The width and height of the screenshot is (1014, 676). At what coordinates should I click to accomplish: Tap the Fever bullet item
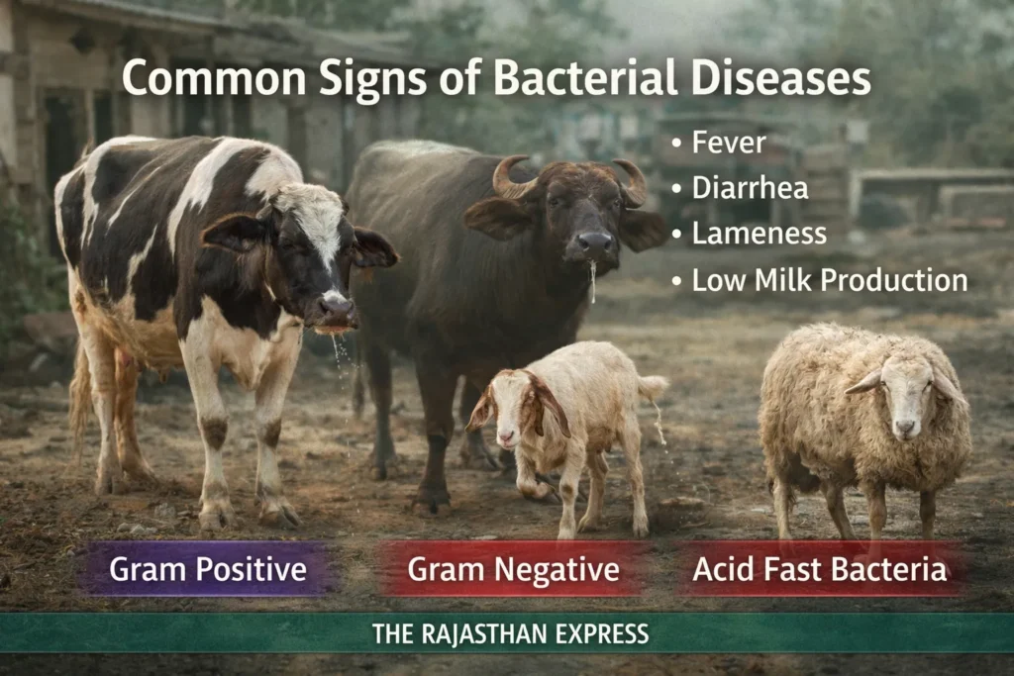(729, 143)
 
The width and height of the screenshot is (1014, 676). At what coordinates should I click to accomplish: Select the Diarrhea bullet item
(750, 188)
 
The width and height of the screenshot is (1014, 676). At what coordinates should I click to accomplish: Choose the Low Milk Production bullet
(829, 280)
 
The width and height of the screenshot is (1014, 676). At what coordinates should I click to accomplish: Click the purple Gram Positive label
(207, 570)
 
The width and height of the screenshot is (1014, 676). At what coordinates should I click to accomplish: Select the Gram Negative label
(513, 570)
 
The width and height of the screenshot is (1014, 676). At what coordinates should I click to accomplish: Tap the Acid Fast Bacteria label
(819, 570)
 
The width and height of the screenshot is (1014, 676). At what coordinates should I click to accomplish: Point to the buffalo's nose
(594, 241)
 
